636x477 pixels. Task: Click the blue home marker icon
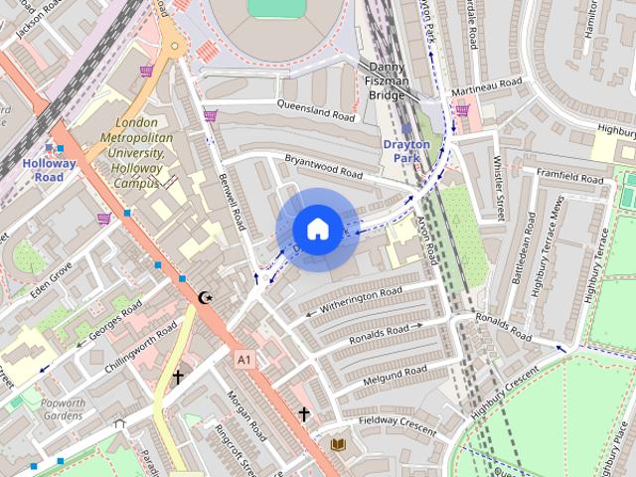pyautogui.click(x=317, y=230)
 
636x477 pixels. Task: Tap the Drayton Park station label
pyautogui.click(x=406, y=151)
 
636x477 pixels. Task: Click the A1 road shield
pyautogui.click(x=244, y=357)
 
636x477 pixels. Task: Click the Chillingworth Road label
pyautogui.click(x=140, y=345)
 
